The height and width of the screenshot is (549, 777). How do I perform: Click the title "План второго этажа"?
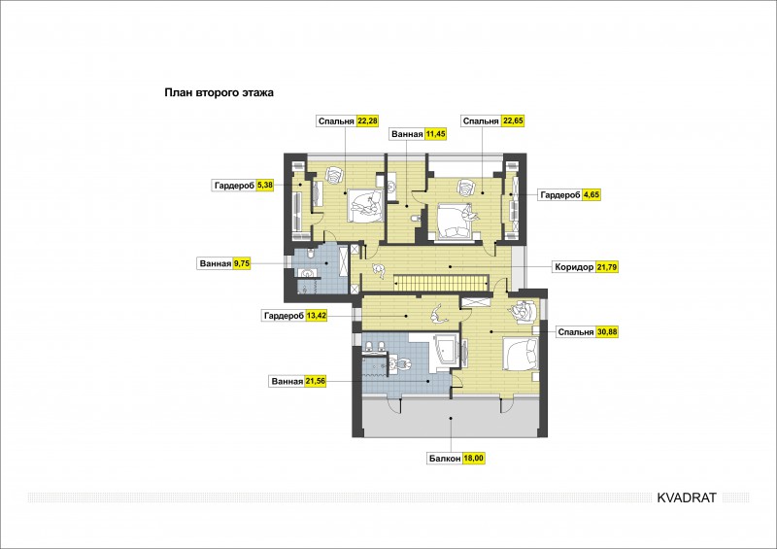[220, 92]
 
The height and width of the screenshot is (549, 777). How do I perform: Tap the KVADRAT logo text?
[687, 498]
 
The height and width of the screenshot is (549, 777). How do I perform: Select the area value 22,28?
[368, 120]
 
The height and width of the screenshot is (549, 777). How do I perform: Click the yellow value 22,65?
[513, 120]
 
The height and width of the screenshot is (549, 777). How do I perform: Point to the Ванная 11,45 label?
[419, 134]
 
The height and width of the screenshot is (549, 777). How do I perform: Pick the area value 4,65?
[591, 195]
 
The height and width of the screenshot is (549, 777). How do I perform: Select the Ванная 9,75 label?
[223, 263]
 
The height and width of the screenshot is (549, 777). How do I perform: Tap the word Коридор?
[574, 267]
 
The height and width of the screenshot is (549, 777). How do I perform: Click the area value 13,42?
[317, 316]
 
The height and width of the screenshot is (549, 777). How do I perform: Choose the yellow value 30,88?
[607, 331]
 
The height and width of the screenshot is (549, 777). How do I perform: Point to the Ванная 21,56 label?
[297, 381]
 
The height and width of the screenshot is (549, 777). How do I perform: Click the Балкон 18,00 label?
[456, 459]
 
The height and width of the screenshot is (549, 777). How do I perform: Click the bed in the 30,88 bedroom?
[521, 354]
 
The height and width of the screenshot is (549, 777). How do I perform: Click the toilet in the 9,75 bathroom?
[311, 254]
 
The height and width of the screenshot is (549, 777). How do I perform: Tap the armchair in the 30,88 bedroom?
[523, 312]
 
